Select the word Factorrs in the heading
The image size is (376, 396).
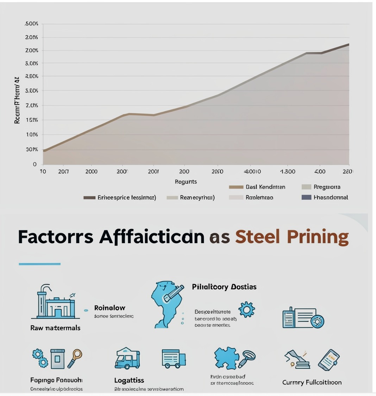tap(56, 236)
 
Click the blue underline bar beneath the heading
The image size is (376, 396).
tap(39, 264)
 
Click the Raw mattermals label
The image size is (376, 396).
tap(55, 328)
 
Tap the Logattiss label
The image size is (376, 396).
tap(129, 380)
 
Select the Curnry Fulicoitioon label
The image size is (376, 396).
tap(312, 382)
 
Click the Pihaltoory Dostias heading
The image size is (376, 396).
tap(224, 287)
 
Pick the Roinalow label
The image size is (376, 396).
tap(110, 308)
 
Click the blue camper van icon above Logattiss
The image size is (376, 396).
tap(127, 358)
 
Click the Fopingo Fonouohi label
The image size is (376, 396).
tap(56, 380)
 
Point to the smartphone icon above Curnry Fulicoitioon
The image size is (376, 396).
tap(329, 360)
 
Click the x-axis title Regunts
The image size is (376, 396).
tap(186, 182)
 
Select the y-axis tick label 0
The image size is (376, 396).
tap(35, 164)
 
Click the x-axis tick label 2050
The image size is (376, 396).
tap(217, 172)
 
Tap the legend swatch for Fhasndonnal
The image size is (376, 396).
tap(306, 197)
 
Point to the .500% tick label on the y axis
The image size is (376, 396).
tap(32, 24)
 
